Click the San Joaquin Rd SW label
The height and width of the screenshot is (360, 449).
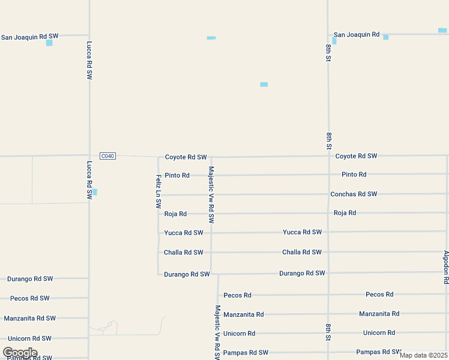tap(29, 37)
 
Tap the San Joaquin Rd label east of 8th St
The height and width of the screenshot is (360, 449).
tap(357, 35)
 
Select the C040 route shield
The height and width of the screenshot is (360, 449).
tap(107, 156)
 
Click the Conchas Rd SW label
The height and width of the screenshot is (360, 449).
tap(354, 194)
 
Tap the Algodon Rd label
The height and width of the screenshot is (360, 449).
tap(446, 267)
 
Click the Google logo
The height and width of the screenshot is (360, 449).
tap(20, 353)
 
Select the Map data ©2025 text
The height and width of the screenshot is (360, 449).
tap(423, 355)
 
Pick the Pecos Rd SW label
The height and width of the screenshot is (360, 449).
tap(29, 298)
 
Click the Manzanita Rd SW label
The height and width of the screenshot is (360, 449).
tap(29, 319)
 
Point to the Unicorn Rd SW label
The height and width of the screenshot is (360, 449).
tap(29, 338)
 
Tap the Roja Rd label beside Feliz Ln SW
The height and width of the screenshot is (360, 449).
tap(175, 214)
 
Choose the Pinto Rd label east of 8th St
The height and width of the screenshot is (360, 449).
tap(354, 175)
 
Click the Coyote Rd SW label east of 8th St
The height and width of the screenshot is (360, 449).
tap(356, 156)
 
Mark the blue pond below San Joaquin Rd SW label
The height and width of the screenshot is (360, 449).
tap(49, 43)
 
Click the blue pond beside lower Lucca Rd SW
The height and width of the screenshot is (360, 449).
tap(94, 192)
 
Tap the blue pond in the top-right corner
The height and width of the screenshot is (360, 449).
tap(442, 30)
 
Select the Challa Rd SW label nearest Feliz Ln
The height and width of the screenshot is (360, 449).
tap(184, 253)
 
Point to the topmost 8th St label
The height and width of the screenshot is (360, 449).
tap(328, 53)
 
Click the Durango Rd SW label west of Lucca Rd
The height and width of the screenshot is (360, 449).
tap(30, 279)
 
